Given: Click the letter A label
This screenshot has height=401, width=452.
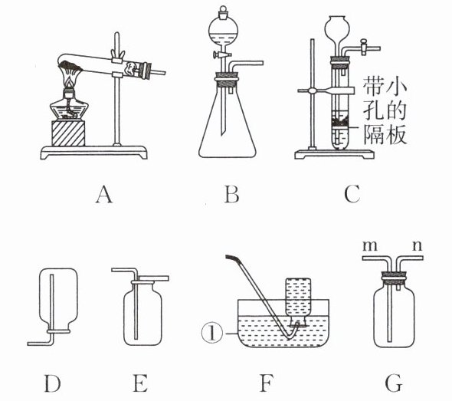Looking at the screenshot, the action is [x=104, y=195].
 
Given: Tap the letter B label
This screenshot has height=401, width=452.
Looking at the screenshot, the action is [x=231, y=195].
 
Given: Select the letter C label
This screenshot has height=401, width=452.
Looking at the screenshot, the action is [x=352, y=194].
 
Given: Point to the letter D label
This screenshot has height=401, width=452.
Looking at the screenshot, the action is [x=52, y=383].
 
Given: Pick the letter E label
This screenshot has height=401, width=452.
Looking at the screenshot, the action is [x=140, y=383].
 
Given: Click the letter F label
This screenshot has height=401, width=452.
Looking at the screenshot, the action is [x=267, y=383].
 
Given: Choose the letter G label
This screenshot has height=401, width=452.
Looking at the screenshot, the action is [x=394, y=383].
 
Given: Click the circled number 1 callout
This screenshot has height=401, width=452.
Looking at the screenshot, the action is [x=212, y=334].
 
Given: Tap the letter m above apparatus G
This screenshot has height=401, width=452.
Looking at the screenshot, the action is [x=370, y=246].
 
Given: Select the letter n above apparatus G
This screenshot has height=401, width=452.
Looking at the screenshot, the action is [x=417, y=246].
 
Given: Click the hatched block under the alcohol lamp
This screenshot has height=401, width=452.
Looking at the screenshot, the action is [x=68, y=133].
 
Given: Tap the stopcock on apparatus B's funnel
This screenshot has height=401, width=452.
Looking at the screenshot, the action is [x=221, y=54].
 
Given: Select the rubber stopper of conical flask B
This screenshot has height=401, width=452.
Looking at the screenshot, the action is [x=227, y=80].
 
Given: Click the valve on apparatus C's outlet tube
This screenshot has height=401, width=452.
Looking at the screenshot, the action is [x=364, y=47].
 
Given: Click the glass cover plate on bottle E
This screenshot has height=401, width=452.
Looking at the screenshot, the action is [x=152, y=278].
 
